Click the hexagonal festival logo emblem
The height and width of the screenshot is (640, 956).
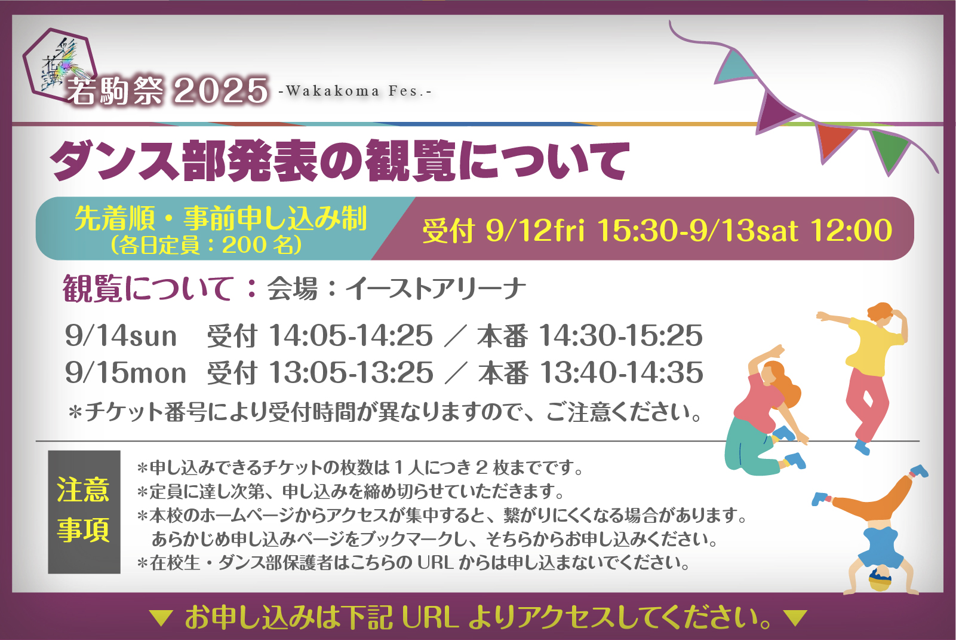pyautogui.click(x=59, y=64)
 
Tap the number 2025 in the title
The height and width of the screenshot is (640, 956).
pyautogui.click(x=221, y=91)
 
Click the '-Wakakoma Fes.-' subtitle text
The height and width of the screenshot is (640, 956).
pyautogui.click(x=355, y=91)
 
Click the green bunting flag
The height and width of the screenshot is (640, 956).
pyautogui.click(x=890, y=149)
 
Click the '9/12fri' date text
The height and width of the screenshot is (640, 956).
pyautogui.click(x=535, y=231)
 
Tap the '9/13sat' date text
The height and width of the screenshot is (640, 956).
pyautogui.click(x=743, y=231)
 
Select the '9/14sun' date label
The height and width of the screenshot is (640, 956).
pyautogui.click(x=121, y=336)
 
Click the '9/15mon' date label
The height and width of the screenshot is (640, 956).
pyautogui.click(x=125, y=372)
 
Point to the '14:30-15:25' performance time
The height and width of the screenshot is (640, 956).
pyautogui.click(x=621, y=336)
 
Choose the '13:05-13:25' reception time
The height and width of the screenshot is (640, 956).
pyautogui.click(x=351, y=372)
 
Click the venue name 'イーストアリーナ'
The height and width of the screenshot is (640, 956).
pyautogui.click(x=435, y=289)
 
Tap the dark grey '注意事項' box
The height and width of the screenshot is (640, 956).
pyautogui.click(x=84, y=512)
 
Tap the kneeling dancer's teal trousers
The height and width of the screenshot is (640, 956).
pyautogui.click(x=751, y=449)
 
